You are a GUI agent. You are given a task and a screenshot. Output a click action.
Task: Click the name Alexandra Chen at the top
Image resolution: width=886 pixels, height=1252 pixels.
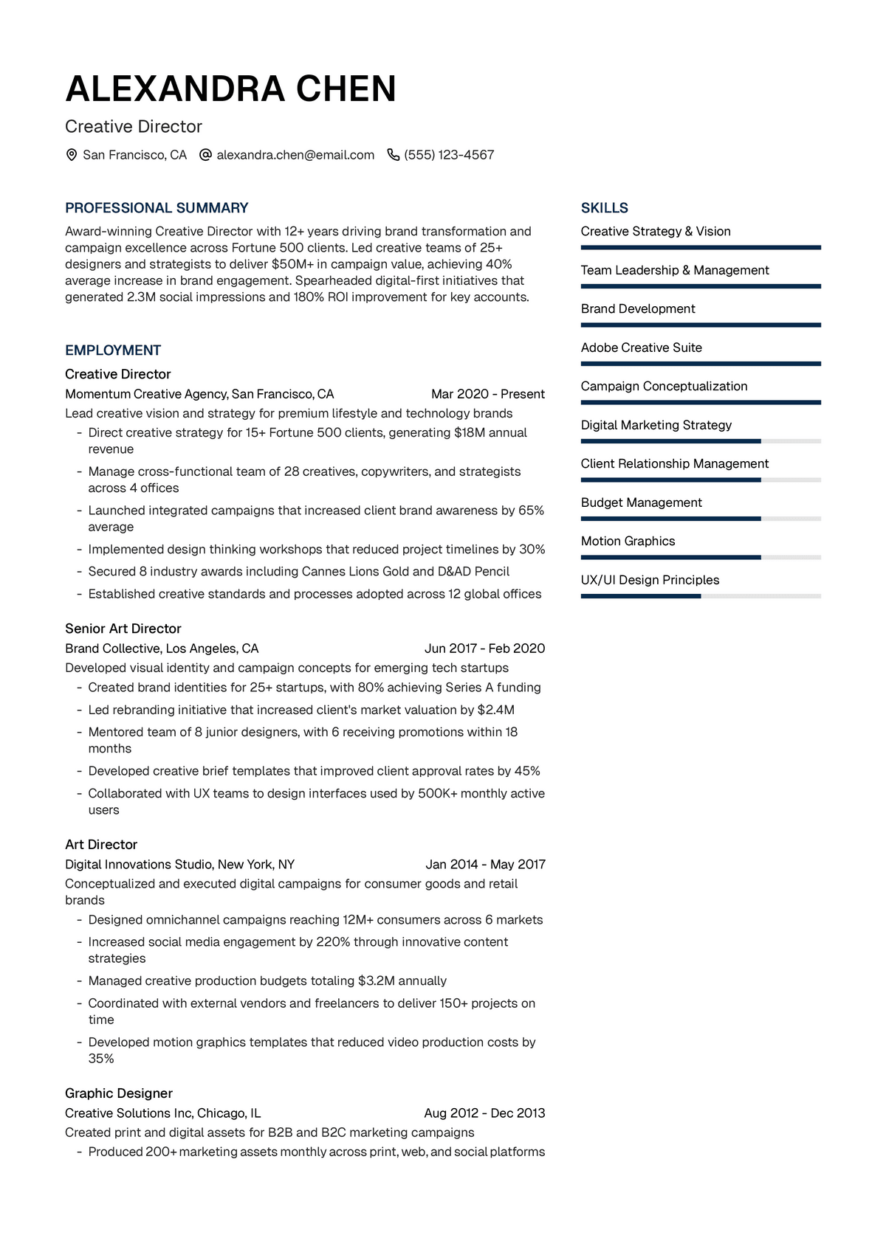[230, 89]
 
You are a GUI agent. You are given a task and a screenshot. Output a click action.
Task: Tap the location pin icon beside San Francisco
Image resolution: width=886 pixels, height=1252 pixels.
[72, 155]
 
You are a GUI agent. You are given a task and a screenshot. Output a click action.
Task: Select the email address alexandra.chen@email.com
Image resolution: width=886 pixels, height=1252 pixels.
[295, 155]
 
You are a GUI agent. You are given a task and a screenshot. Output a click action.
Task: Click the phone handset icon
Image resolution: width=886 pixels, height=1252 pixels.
[394, 155]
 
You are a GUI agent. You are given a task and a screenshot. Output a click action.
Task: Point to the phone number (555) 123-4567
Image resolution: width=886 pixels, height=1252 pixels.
[449, 155]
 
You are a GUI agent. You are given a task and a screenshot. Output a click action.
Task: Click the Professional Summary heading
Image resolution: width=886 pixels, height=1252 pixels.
[157, 208]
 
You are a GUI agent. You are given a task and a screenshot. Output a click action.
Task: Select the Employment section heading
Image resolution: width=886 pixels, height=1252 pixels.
[113, 350]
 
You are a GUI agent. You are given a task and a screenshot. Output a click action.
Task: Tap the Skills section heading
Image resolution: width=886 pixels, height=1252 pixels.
[605, 208]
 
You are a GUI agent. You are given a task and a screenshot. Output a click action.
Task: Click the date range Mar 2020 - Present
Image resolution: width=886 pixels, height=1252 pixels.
[488, 394]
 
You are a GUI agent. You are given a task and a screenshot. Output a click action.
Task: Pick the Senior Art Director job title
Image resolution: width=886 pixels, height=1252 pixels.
[123, 629]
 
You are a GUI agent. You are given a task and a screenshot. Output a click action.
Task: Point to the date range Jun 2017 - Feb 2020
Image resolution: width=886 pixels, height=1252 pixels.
[484, 649]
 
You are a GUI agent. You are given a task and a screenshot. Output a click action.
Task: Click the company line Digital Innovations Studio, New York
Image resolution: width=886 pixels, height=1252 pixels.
[179, 864]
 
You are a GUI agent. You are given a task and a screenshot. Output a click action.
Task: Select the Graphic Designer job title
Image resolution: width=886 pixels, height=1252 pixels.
[119, 1093]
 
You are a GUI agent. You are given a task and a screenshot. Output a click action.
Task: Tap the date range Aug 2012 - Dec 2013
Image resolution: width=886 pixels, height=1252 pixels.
[484, 1113]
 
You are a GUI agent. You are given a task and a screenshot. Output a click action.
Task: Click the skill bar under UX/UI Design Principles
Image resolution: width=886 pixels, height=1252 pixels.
[701, 596]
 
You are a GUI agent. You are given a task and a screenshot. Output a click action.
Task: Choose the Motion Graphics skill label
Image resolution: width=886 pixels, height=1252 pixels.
[628, 541]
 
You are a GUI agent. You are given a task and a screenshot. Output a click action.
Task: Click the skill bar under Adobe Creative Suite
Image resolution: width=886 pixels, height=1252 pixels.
[701, 364]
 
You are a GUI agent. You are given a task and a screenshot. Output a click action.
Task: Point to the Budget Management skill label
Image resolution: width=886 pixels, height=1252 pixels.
[641, 502]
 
